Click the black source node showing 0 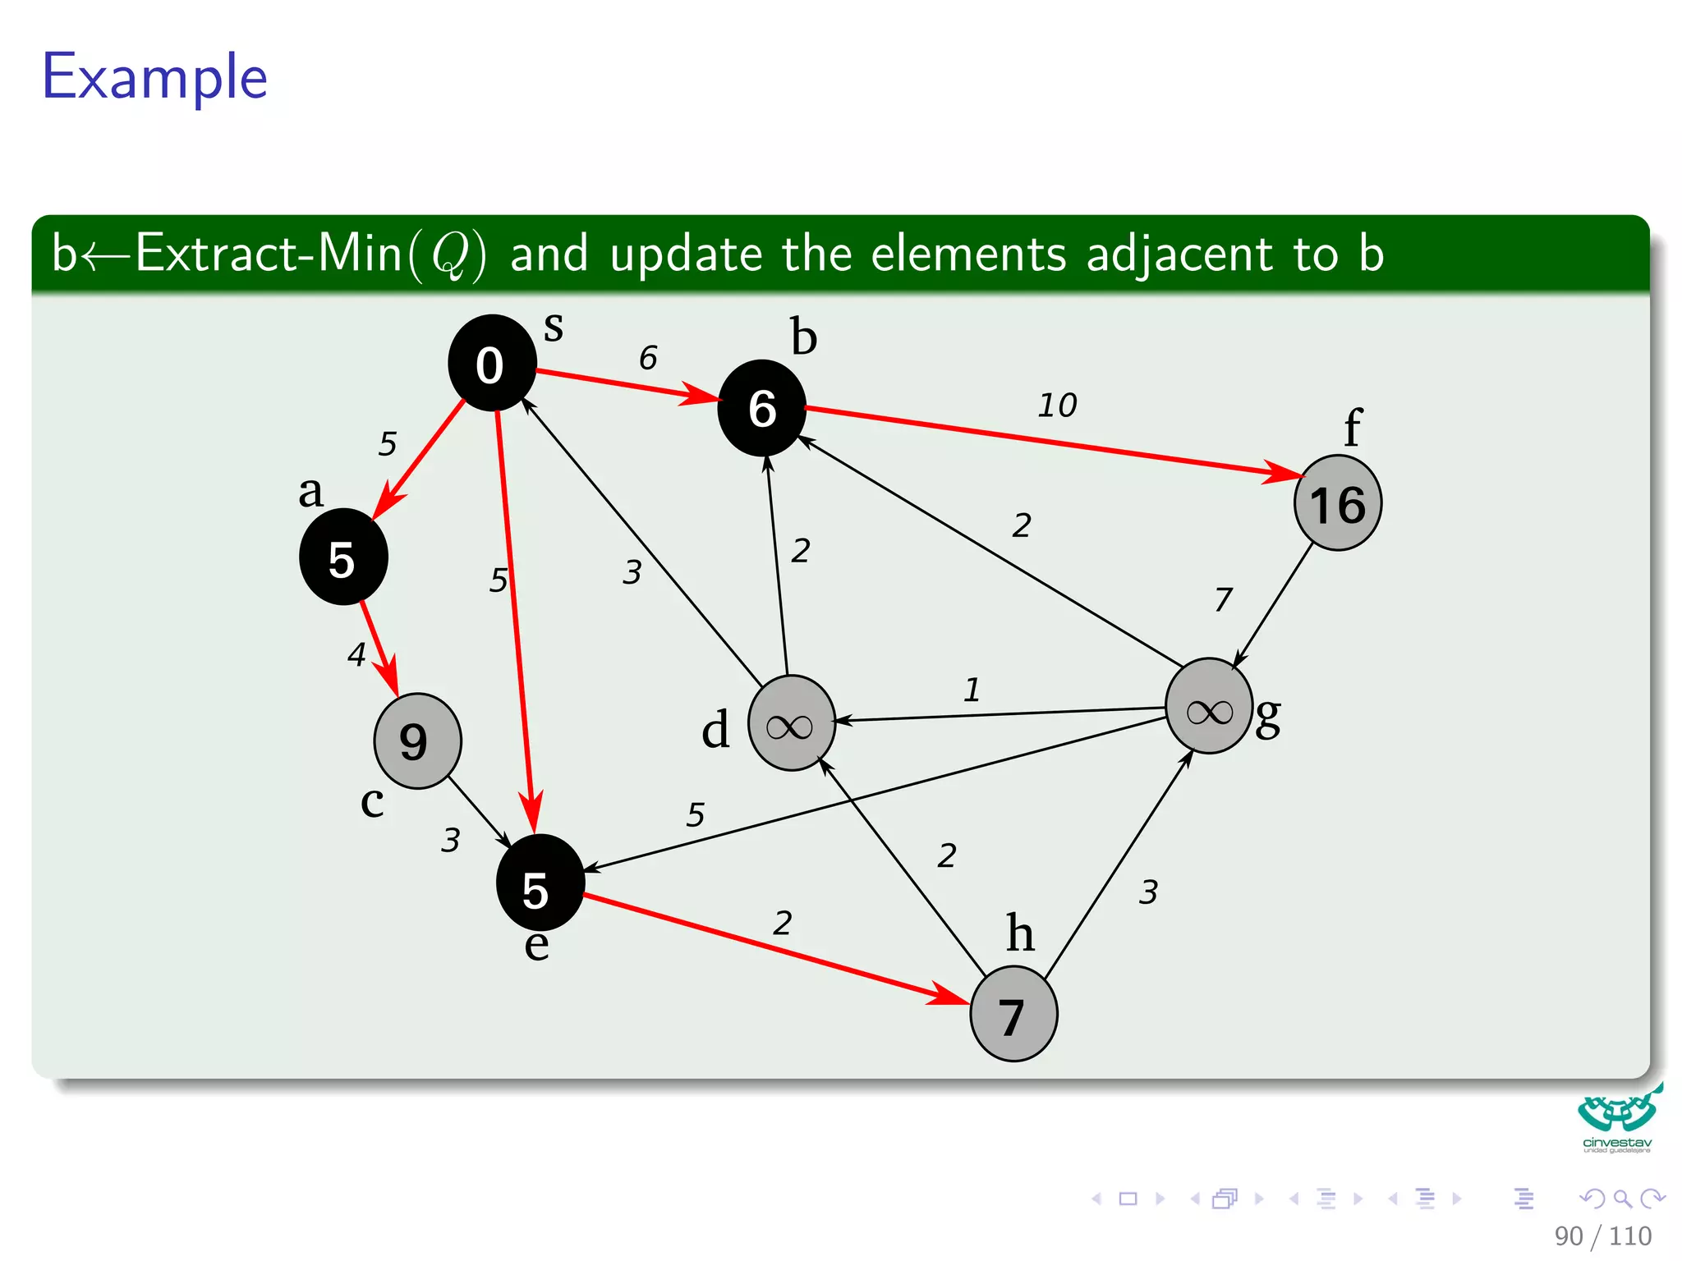click(491, 363)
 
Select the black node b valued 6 click(761, 408)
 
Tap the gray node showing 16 click(1337, 503)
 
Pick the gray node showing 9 click(417, 741)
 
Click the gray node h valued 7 click(1013, 1015)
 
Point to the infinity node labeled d click(791, 723)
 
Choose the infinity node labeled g click(1208, 706)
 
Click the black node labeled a click(343, 557)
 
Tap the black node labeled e click(540, 883)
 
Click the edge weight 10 click(1057, 405)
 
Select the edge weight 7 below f click(1223, 599)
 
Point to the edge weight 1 click(972, 690)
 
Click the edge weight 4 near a click(356, 654)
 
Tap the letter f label click(1352, 427)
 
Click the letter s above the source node click(554, 327)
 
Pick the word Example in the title click(155, 77)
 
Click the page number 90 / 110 click(1602, 1236)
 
